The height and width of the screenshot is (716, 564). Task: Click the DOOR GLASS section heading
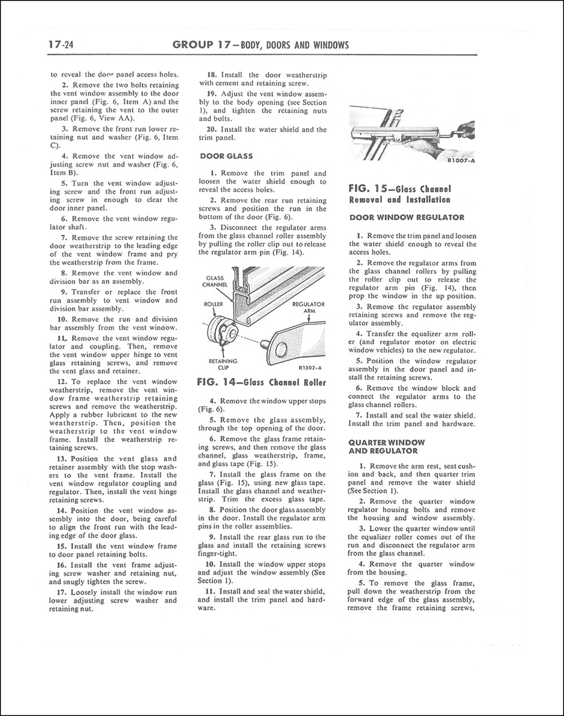click(x=226, y=156)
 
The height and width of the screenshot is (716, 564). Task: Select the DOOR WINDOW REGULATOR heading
click(x=407, y=217)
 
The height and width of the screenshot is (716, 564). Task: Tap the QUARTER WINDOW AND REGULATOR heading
click(x=387, y=447)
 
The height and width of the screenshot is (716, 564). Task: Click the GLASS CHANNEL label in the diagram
click(x=215, y=281)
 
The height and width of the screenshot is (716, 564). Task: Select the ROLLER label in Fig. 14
click(x=214, y=304)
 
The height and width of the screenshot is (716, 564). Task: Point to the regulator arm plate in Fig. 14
click(x=293, y=345)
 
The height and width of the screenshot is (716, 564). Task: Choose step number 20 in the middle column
click(x=213, y=130)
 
